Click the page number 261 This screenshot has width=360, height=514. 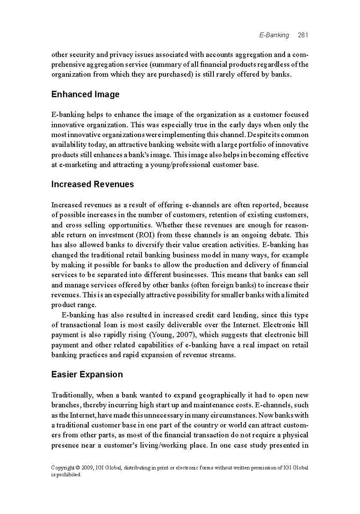point(303,35)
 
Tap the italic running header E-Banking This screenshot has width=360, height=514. point(274,35)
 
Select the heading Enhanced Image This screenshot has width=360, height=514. point(85,94)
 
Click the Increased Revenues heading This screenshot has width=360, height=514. point(93,184)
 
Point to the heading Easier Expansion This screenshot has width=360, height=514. point(87,374)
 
